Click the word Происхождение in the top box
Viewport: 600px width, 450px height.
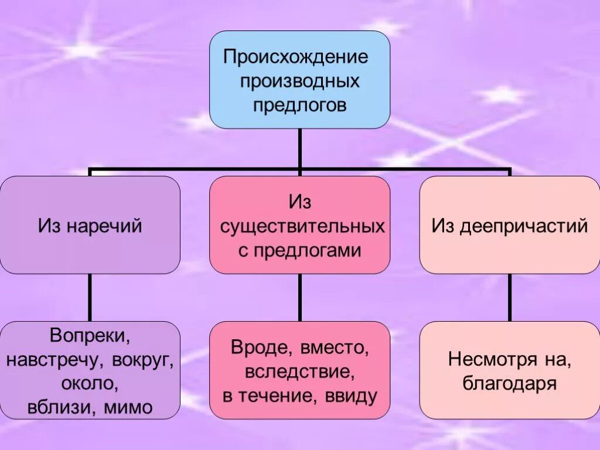tap(295, 57)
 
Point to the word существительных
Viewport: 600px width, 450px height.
tap(302, 227)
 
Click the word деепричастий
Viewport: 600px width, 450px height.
tap(523, 226)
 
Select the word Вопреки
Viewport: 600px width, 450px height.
tap(90, 336)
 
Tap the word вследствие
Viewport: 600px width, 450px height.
tap(299, 371)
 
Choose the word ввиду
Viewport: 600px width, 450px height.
tap(350, 396)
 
